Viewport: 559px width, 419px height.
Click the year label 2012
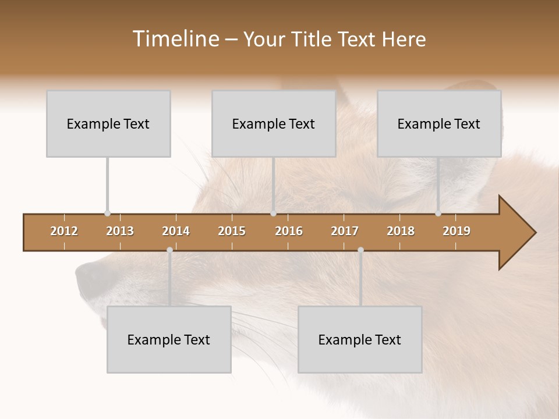click(x=64, y=231)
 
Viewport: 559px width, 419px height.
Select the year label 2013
click(x=120, y=231)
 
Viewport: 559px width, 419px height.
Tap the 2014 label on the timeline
click(x=176, y=231)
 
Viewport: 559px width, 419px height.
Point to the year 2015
click(x=232, y=231)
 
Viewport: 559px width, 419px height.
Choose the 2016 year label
click(x=289, y=231)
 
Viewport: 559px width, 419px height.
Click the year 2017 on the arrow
click(x=345, y=231)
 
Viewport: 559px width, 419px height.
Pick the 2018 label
click(x=401, y=231)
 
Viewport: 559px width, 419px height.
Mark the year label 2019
click(x=457, y=231)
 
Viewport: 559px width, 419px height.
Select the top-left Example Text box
click(x=108, y=124)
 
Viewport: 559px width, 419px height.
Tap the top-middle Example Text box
click(x=274, y=124)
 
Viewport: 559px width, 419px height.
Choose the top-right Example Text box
click(x=439, y=124)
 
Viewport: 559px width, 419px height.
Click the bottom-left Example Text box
click(x=169, y=340)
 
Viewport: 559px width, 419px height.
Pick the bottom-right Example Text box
click(x=360, y=340)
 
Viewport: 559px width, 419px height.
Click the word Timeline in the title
click(x=175, y=39)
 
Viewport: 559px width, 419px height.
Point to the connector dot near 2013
click(x=107, y=214)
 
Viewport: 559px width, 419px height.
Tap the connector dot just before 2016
click(x=274, y=214)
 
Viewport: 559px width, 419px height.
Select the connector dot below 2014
click(x=169, y=250)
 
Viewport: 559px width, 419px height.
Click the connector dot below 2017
click(x=360, y=250)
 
